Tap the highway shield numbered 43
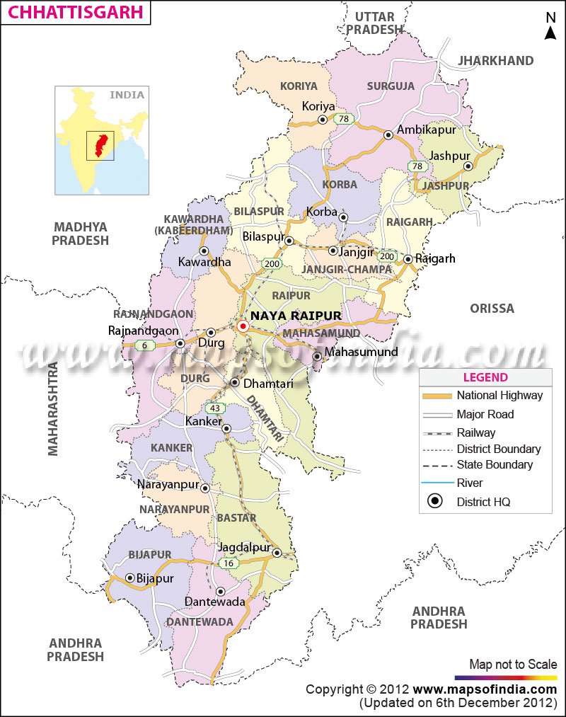point(214,408)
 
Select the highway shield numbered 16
point(227,563)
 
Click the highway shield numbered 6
point(145,345)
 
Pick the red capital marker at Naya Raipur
point(243,326)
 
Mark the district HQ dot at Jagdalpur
point(277,553)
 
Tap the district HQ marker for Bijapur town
point(130,578)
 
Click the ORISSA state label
point(492,309)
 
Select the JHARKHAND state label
point(495,61)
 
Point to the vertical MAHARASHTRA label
point(53,408)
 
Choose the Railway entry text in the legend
point(475,432)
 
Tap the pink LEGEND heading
point(485,377)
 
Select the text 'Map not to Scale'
point(513,664)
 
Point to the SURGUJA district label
point(391,86)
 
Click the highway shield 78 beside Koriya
point(345,119)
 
